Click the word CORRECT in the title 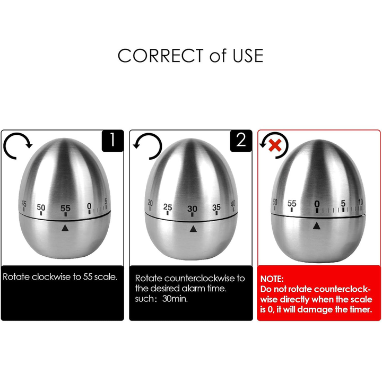(x=161, y=56)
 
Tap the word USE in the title (x=248, y=56)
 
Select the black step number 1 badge (x=112, y=141)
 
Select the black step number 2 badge (x=241, y=141)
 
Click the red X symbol (x=275, y=145)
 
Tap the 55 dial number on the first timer (x=65, y=209)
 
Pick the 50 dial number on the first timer (x=41, y=207)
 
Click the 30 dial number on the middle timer (x=192, y=209)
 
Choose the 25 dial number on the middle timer (x=168, y=207)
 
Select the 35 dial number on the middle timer (x=216, y=207)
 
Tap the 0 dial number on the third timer (x=317, y=204)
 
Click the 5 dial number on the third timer (x=343, y=203)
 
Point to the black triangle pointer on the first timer (x=65, y=228)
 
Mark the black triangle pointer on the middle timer (x=193, y=229)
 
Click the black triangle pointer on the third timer (x=316, y=226)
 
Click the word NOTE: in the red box (x=272, y=279)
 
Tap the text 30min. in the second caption (x=175, y=299)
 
